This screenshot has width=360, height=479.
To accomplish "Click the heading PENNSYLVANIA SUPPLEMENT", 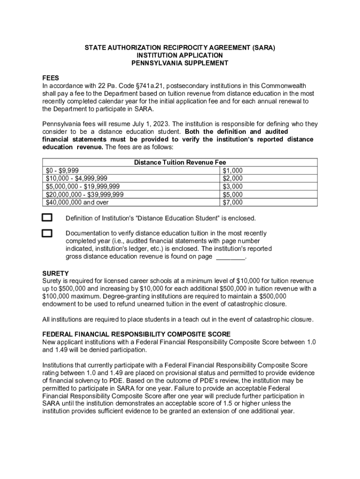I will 180,63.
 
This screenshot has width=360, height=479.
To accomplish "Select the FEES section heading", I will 50,78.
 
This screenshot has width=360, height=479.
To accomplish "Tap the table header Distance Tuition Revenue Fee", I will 180,163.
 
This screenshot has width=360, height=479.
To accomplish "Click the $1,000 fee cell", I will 232,171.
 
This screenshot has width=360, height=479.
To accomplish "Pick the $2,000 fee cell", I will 232,179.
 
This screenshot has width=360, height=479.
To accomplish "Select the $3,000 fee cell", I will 232,187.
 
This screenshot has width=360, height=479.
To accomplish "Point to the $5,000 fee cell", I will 232,195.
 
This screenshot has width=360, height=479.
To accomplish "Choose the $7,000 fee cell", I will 232,203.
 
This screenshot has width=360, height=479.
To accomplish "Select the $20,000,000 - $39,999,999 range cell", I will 85,195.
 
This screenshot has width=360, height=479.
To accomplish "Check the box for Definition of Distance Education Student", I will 47,218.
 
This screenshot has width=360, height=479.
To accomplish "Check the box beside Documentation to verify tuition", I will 47,233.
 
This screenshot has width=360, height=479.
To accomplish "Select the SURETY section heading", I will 56,273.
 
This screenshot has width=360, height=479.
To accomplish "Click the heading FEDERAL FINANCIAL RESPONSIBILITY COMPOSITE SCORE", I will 136,334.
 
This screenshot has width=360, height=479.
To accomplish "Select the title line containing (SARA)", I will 180,48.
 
